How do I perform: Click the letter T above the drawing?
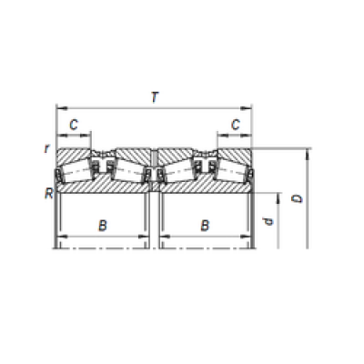[x=155, y=97]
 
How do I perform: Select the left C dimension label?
[x=74, y=125]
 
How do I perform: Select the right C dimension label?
[x=236, y=125]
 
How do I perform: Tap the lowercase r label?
[x=46, y=148]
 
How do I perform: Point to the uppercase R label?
[x=49, y=193]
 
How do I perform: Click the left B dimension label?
[x=103, y=226]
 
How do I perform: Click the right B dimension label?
[x=205, y=226]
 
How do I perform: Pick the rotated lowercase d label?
[x=268, y=222]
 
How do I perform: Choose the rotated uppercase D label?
[x=298, y=198]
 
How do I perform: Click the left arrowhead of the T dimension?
[x=62, y=108]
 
